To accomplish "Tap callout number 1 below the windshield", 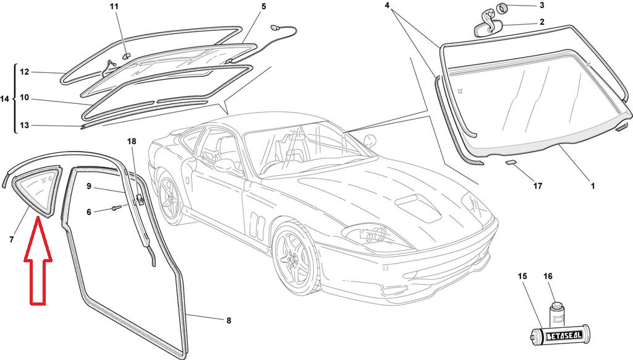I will tap(592, 185).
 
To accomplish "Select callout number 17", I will tap(537, 186).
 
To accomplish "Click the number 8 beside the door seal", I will tap(228, 320).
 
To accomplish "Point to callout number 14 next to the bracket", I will tap(5, 98).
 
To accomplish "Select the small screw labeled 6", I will tap(116, 210).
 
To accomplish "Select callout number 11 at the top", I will tap(114, 7).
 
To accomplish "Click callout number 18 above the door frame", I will tap(131, 142).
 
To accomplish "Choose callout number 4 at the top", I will tap(388, 6).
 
